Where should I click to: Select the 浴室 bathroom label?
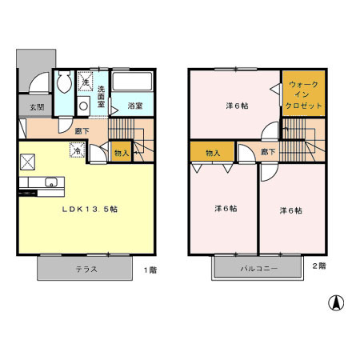coord(134,105)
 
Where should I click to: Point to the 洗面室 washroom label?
coord(102,96)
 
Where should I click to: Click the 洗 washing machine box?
coord(85,82)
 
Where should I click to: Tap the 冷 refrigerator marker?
coord(77,150)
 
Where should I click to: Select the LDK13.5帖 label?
coord(91,210)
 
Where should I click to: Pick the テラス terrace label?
coord(86,270)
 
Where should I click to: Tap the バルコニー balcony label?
coord(257,270)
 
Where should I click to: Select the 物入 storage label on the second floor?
coord(212,151)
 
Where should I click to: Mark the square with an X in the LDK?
coord(27,161)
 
